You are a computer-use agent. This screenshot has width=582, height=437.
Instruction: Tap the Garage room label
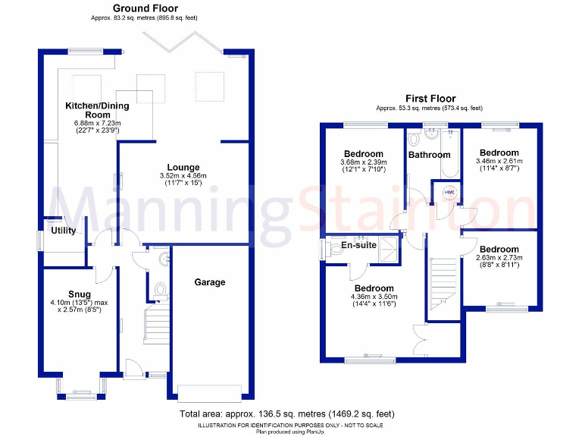point(210,282)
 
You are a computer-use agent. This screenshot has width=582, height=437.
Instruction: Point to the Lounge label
point(183,168)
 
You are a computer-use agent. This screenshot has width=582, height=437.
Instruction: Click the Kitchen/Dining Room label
point(97,111)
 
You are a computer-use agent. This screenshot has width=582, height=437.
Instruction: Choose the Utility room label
point(63,231)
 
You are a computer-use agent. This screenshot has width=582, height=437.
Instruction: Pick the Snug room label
point(79,294)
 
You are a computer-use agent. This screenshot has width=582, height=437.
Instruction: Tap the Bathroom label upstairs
point(430,156)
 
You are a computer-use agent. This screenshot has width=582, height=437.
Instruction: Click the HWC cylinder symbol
point(449,192)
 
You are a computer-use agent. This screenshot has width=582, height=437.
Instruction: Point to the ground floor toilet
point(160,291)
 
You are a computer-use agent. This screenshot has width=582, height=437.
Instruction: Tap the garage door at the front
point(209,392)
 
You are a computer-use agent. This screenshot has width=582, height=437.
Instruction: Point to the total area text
point(286,414)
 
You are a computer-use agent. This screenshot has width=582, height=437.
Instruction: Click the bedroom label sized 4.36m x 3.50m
point(374,288)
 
